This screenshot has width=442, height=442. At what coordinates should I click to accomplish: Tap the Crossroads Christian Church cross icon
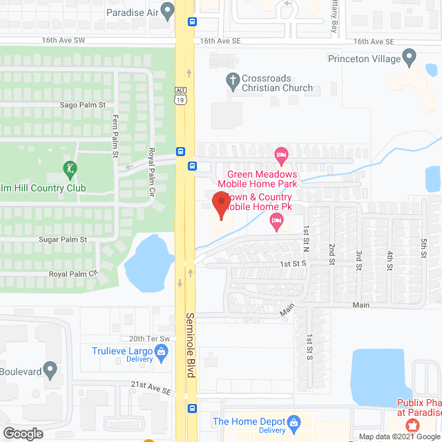[x=233, y=79]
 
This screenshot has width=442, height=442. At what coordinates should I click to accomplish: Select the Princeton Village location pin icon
[x=409, y=55]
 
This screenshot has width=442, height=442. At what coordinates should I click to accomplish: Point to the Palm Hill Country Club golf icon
[x=69, y=168]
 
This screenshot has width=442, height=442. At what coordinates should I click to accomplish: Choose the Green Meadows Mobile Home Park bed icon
[x=280, y=153]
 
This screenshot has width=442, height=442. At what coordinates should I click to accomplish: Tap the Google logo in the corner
[x=23, y=434]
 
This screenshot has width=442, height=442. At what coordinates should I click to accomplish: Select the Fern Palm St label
[x=115, y=135]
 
